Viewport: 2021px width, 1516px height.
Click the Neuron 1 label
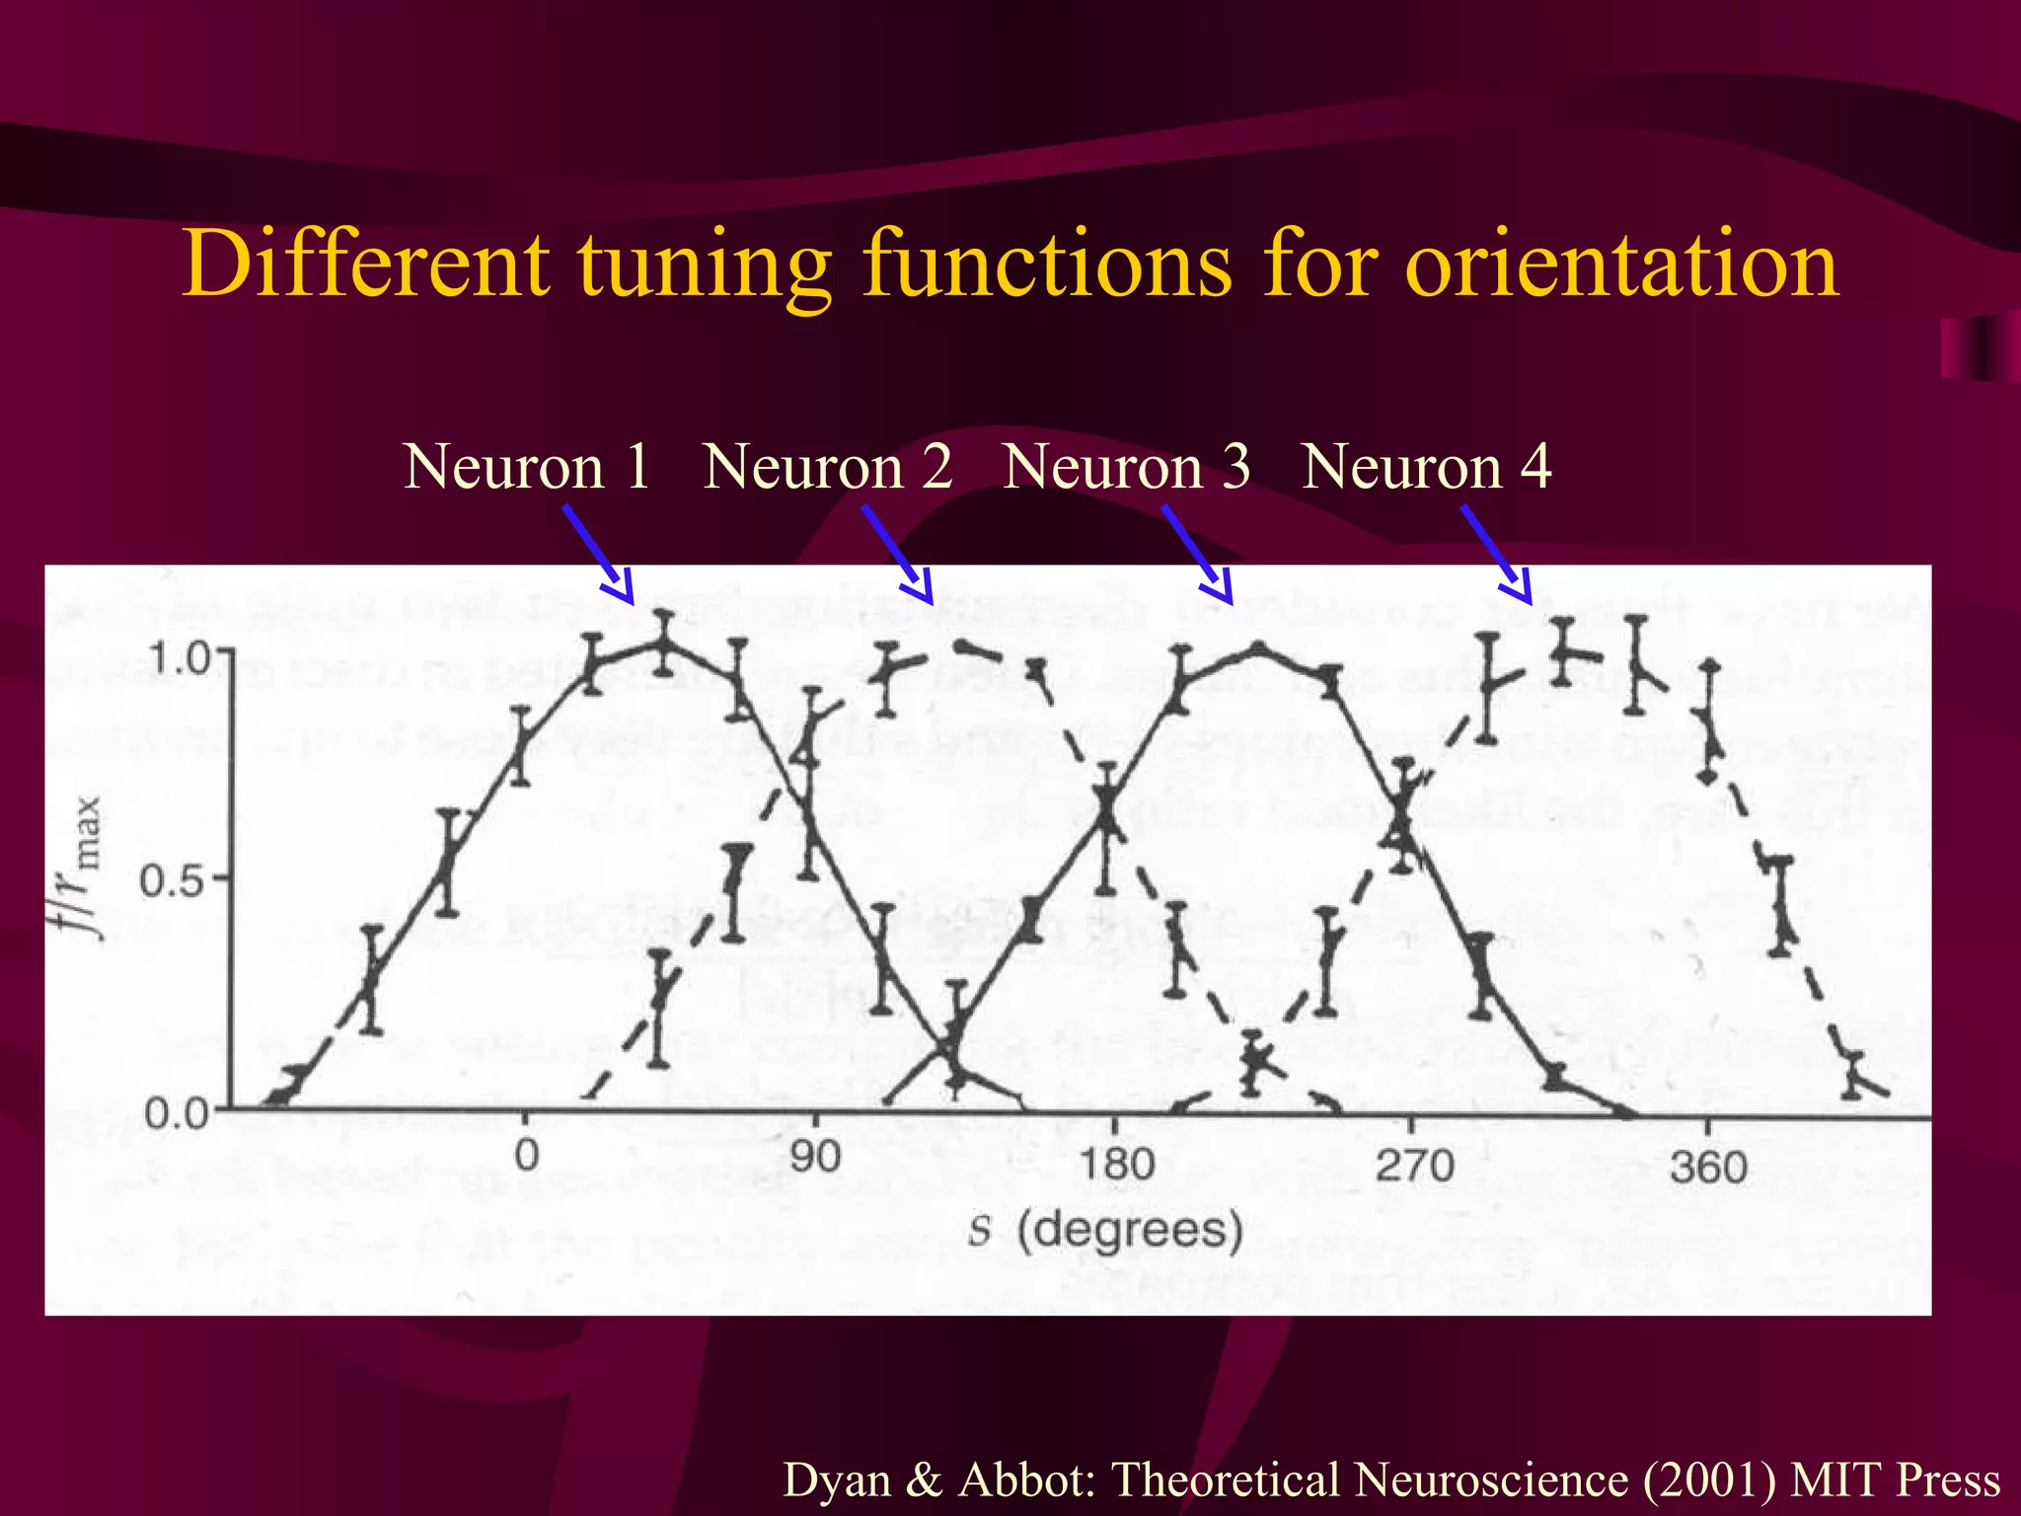click(527, 466)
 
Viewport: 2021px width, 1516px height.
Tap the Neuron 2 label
click(827, 466)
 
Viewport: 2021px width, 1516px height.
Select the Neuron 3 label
click(1126, 466)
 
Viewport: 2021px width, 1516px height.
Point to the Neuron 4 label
click(1426, 466)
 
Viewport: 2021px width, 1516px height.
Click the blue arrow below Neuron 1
click(598, 554)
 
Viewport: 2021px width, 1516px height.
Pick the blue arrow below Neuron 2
click(897, 554)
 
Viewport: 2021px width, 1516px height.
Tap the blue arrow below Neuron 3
click(1197, 554)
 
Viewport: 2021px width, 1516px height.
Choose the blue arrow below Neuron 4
click(1496, 554)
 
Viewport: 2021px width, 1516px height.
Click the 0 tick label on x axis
click(527, 1155)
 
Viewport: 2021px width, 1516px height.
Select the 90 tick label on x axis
click(815, 1157)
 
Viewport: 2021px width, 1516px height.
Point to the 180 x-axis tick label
click(1116, 1165)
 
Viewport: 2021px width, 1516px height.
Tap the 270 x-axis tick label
click(1415, 1167)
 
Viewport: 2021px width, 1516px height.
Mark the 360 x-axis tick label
click(1708, 1169)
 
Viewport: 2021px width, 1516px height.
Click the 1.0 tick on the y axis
click(180, 658)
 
